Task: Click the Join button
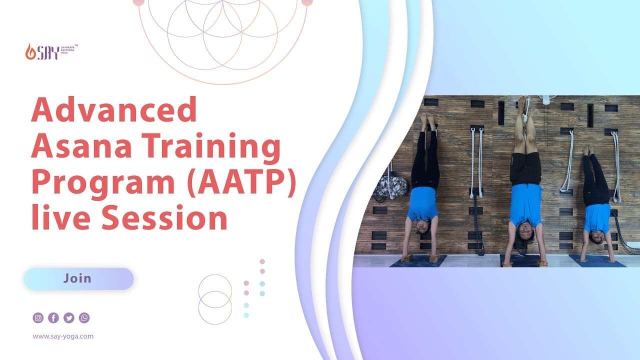[78, 278]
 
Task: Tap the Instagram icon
[38, 317]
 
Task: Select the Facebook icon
[53, 317]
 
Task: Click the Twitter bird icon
[69, 317]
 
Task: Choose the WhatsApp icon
[84, 317]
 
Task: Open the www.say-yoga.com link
[63, 336]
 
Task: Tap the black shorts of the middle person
[525, 169]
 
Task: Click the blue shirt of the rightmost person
[597, 218]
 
